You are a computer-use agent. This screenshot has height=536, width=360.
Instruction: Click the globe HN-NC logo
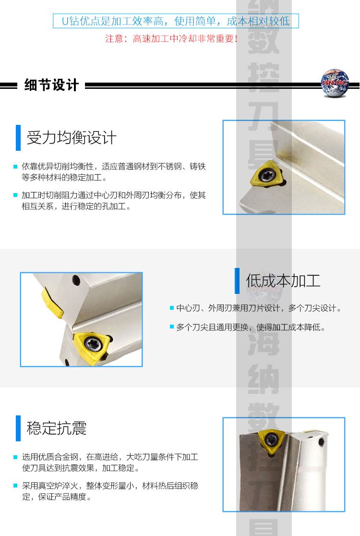pyautogui.click(x=335, y=83)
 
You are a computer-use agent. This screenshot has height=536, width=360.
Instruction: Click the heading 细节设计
pyautogui.click(x=51, y=85)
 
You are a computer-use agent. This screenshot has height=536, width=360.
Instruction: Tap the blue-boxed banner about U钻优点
pyautogui.click(x=176, y=21)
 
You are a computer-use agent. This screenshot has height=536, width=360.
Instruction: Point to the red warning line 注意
pyautogui.click(x=171, y=38)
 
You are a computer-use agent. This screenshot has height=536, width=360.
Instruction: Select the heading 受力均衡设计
pyautogui.click(x=72, y=137)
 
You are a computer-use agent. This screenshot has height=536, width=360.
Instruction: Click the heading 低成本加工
pyautogui.click(x=283, y=280)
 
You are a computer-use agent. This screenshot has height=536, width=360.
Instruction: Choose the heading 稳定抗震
pyautogui.click(x=57, y=428)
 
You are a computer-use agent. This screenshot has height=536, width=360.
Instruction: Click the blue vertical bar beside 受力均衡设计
pyautogui.click(x=18, y=138)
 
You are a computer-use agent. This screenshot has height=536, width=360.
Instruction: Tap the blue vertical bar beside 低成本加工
pyautogui.click(x=237, y=280)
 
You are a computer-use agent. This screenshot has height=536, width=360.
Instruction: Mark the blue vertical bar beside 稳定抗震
pyautogui.click(x=18, y=428)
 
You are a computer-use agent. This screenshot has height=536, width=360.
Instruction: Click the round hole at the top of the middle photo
pyautogui.click(x=76, y=280)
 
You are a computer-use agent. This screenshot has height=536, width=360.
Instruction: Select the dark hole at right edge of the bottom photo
pyautogui.click(x=321, y=443)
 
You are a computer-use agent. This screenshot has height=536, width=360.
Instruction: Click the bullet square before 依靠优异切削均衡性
pyautogui.click(x=15, y=167)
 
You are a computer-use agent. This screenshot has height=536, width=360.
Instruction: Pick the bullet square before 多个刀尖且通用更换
pyautogui.click(x=171, y=327)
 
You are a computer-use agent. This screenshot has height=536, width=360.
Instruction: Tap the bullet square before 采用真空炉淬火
pyautogui.click(x=15, y=486)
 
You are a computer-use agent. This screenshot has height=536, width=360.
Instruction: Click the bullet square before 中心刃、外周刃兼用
pyautogui.click(x=171, y=308)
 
